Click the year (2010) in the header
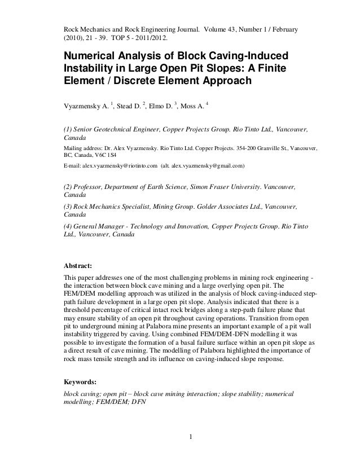pyautogui.click(x=72, y=39)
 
